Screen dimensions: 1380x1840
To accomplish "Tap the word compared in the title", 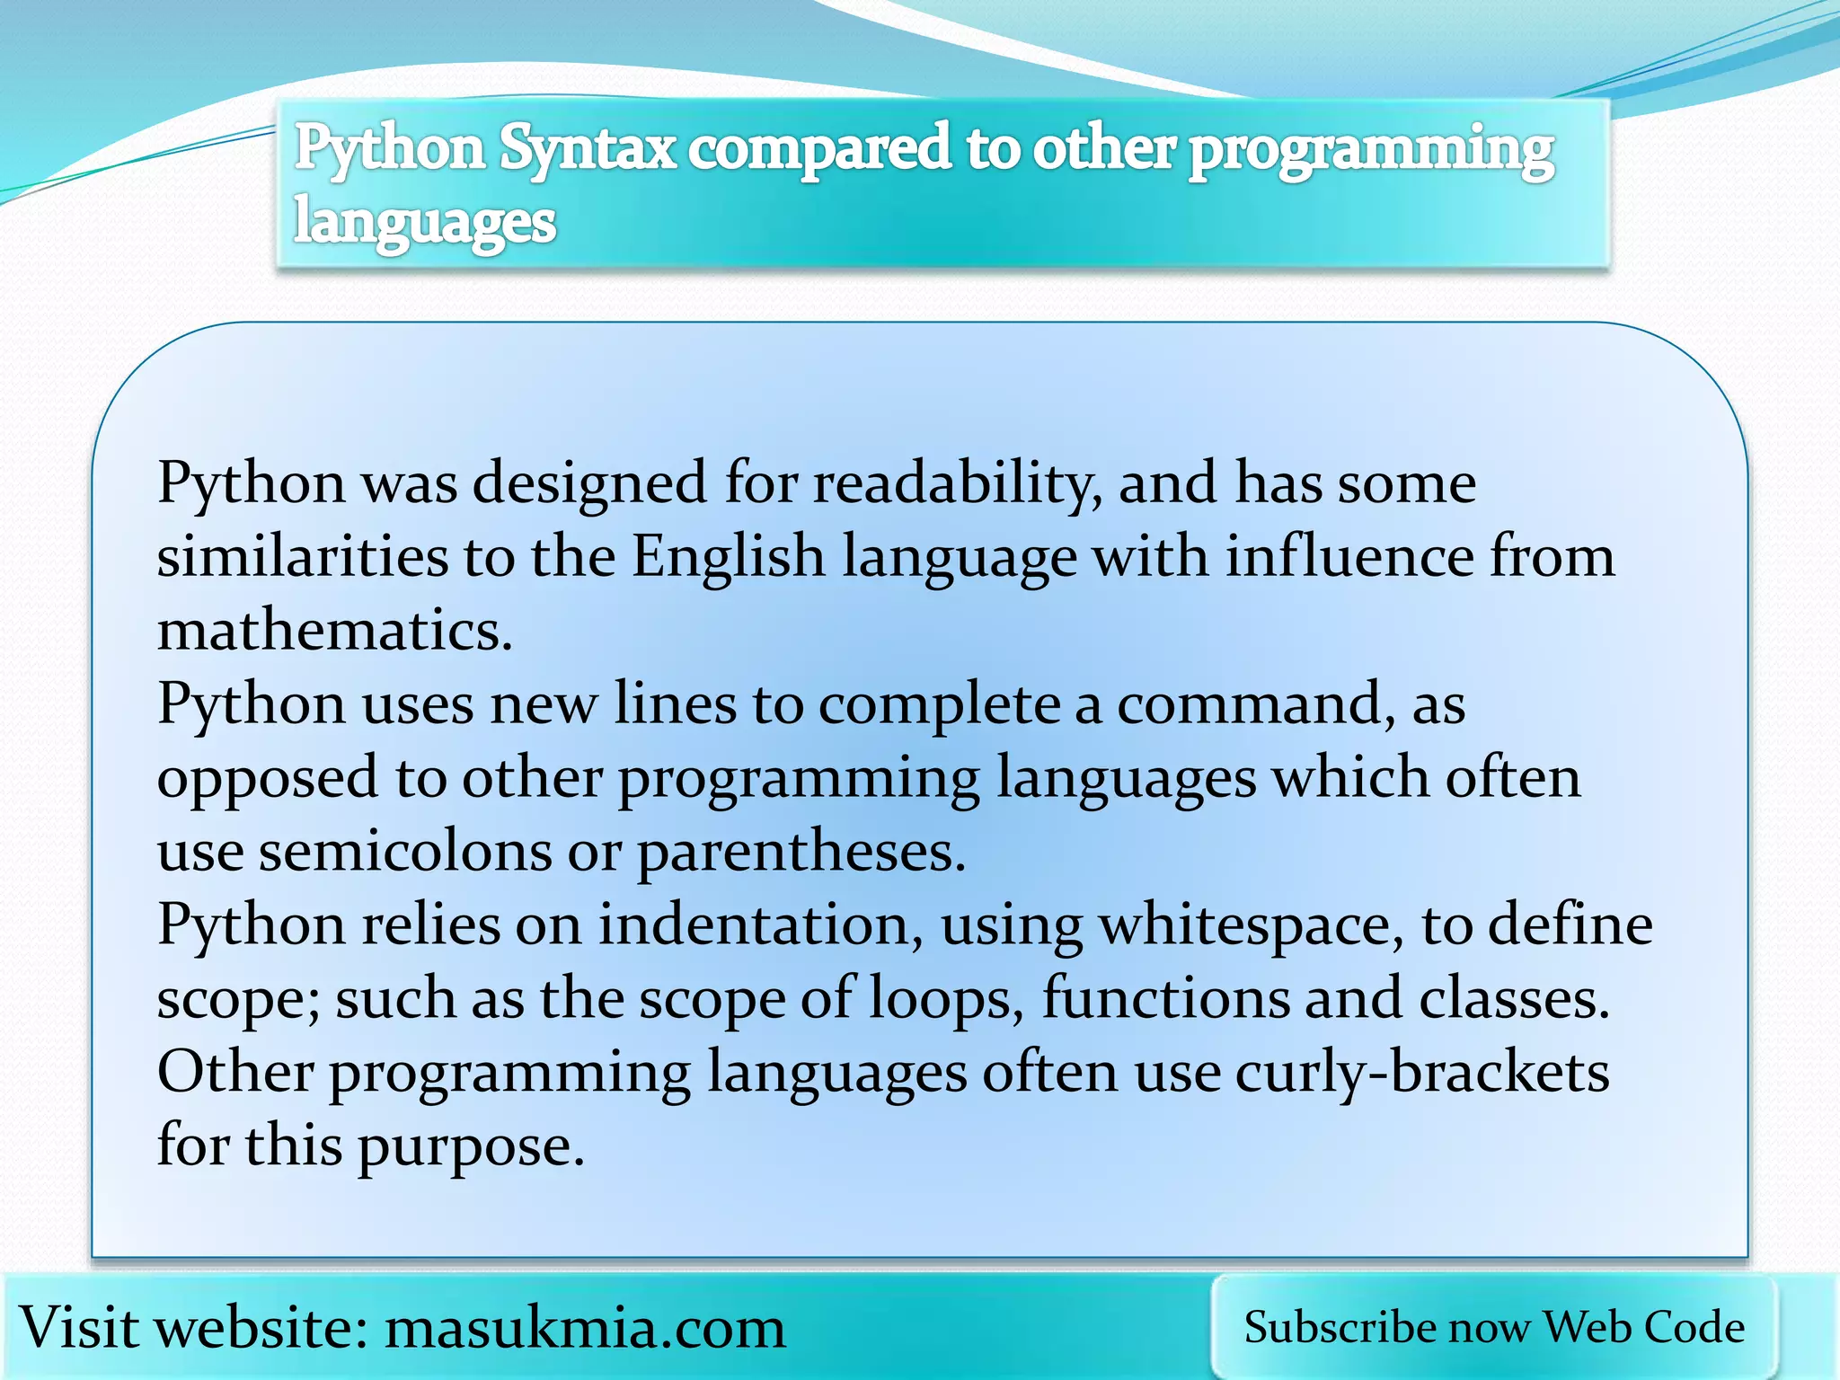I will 818,149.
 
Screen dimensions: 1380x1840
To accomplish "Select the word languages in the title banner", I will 425,222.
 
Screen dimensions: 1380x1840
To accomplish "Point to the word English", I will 728,557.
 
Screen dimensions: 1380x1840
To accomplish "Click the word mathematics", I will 334,631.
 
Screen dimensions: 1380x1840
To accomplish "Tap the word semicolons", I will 405,852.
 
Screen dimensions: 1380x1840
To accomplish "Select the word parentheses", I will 801,852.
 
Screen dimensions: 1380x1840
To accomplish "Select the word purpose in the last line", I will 471,1147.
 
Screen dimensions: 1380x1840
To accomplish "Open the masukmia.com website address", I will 585,1328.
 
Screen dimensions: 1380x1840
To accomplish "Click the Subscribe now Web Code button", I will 1494,1328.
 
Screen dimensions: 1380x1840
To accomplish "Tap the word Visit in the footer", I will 79,1328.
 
